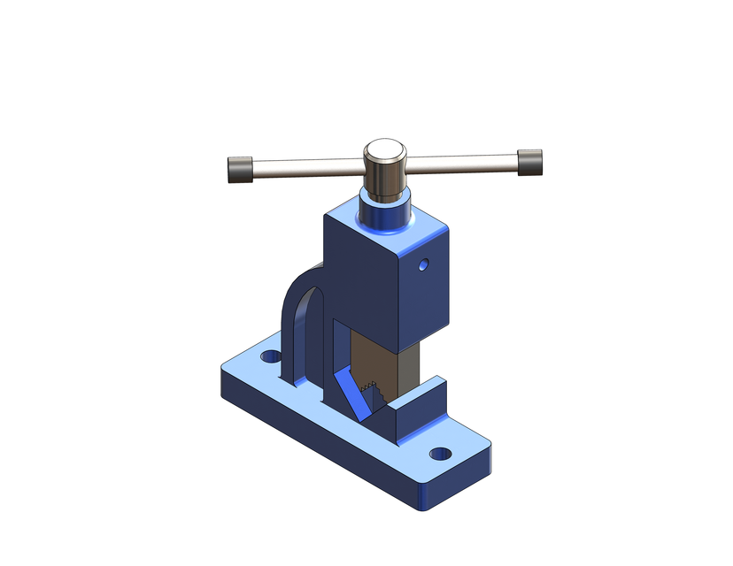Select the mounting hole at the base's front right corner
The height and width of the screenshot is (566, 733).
tap(440, 454)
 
